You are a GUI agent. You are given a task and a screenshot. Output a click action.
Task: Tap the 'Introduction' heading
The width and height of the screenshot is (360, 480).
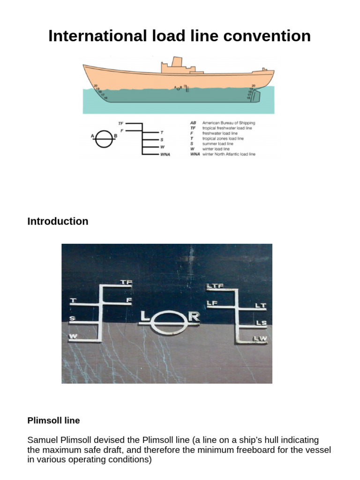point(58,221)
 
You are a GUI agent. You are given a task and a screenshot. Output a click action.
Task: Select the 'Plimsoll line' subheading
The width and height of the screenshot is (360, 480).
point(53,420)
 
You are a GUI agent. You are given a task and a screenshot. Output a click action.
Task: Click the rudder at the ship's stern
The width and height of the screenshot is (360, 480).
point(255,97)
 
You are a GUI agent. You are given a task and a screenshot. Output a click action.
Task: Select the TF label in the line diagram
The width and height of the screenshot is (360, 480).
point(120,123)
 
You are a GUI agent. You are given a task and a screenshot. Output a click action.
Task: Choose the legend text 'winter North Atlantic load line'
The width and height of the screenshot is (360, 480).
point(229,154)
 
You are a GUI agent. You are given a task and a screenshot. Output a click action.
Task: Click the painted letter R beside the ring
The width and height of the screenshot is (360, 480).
point(194,317)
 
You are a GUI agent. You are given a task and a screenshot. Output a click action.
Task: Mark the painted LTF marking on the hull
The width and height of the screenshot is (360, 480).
point(215,285)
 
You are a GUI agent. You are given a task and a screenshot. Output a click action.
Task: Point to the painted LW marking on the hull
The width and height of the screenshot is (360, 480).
point(260,338)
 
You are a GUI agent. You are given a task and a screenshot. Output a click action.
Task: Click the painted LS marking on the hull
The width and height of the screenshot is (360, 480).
point(261,323)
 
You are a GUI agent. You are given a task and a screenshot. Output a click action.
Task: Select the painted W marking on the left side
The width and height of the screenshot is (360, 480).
point(73,336)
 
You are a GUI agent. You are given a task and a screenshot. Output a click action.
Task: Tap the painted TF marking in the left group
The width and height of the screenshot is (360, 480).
point(127,283)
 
